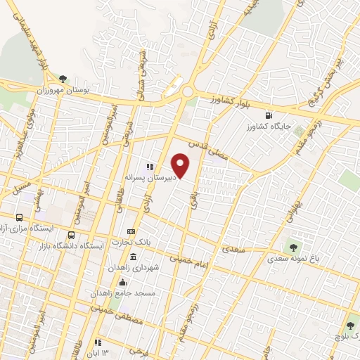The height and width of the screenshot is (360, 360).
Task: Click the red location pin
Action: point(181,165)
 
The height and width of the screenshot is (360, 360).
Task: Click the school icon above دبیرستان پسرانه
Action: point(149,167)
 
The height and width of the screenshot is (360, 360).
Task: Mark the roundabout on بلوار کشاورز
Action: point(187,91)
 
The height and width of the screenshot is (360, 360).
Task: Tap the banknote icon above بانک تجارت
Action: point(131,232)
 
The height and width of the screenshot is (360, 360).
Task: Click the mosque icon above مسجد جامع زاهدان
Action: point(124,281)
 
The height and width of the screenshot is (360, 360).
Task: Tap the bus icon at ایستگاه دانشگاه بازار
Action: point(71,236)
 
